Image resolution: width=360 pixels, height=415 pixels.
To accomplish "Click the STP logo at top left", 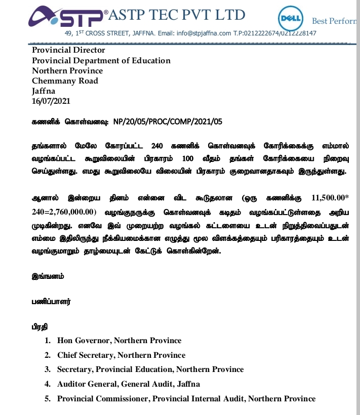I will (66, 17).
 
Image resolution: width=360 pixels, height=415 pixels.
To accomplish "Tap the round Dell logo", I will (291, 19).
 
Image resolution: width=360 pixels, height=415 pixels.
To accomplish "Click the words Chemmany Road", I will (65, 80).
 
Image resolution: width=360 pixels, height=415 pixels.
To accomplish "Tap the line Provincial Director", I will (68, 50).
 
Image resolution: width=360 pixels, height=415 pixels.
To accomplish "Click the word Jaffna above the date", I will (44, 91).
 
